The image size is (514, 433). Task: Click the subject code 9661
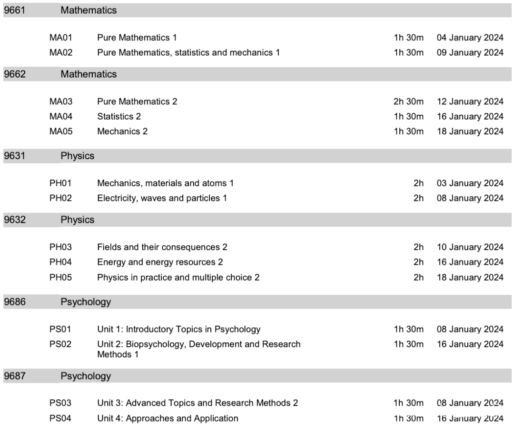point(14,10)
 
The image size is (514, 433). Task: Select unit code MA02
point(60,52)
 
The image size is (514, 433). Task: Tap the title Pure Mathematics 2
point(137,101)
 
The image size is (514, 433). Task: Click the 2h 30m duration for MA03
point(408,101)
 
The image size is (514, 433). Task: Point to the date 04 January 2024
point(470,38)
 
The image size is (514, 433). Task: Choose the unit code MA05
point(60,131)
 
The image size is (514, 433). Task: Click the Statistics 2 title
point(119,117)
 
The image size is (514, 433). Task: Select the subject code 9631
point(14,156)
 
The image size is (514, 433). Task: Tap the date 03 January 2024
point(470,183)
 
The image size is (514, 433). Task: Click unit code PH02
point(60,198)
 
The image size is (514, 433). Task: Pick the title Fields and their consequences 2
point(162,247)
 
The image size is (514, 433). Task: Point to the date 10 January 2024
point(470,247)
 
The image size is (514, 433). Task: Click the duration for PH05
point(418,277)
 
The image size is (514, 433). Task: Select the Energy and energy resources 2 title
point(160,262)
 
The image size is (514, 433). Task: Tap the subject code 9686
point(14,302)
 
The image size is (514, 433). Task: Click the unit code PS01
point(60,329)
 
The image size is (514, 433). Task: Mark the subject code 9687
point(14,376)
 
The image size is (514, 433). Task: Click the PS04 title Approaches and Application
point(168,419)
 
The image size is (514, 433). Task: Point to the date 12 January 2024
point(470,101)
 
